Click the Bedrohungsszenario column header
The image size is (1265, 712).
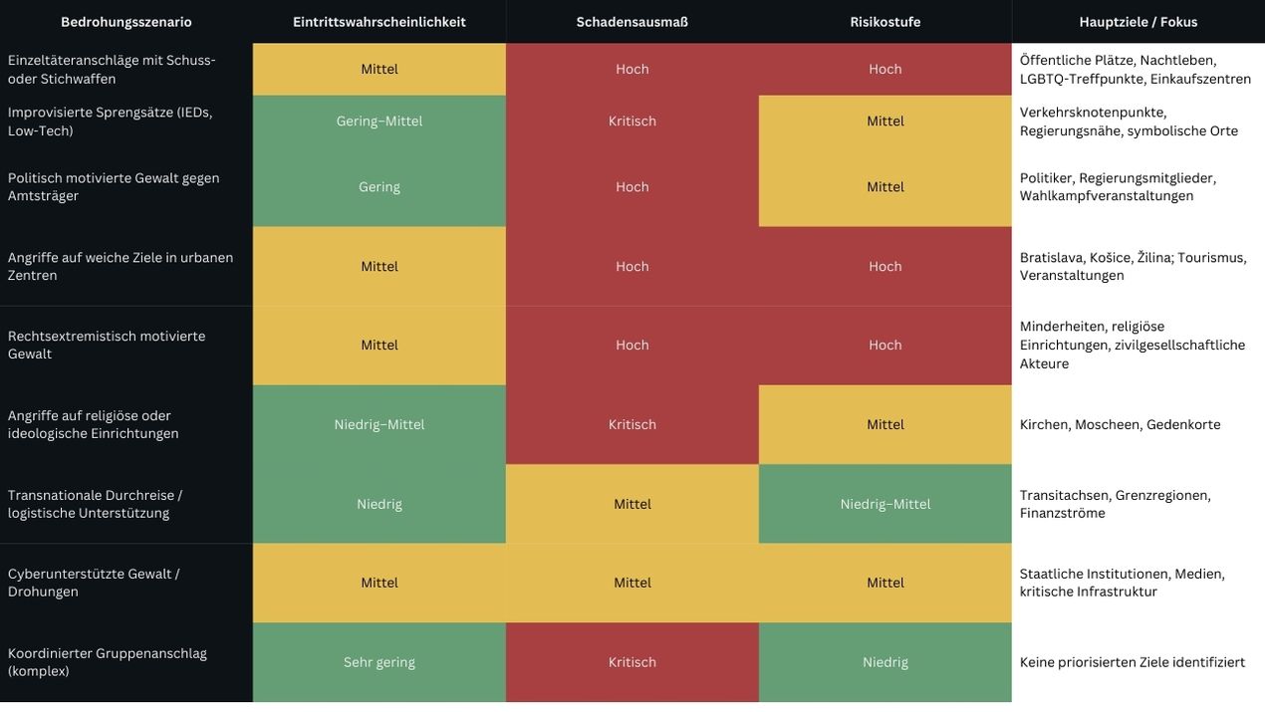pos(126,22)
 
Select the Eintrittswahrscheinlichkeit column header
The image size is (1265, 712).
pos(379,22)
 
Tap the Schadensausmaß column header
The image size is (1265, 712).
pos(632,22)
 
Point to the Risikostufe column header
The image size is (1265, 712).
pos(885,22)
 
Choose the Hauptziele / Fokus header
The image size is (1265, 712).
pos(1138,22)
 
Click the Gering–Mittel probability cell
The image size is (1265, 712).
pos(379,121)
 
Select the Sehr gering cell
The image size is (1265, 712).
pos(379,662)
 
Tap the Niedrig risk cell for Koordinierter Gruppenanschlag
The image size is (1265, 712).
pos(885,662)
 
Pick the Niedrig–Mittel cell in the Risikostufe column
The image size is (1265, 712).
pos(885,504)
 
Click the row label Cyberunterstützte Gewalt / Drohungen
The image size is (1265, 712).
pos(94,583)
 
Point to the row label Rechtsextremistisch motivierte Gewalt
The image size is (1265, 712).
pos(107,345)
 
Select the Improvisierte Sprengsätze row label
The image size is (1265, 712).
pos(110,121)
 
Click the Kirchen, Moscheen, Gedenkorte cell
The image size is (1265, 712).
pos(1120,424)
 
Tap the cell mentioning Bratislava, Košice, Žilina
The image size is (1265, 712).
pos(1133,266)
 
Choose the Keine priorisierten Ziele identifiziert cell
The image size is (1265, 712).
pos(1133,662)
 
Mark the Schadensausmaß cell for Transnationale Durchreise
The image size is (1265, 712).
pos(632,504)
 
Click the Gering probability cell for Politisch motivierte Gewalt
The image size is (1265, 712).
pos(379,187)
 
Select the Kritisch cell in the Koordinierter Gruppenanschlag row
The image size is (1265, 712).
pos(632,662)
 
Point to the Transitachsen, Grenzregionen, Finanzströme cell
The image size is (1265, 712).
pos(1115,504)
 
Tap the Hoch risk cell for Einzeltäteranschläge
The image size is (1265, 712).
pos(885,69)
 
